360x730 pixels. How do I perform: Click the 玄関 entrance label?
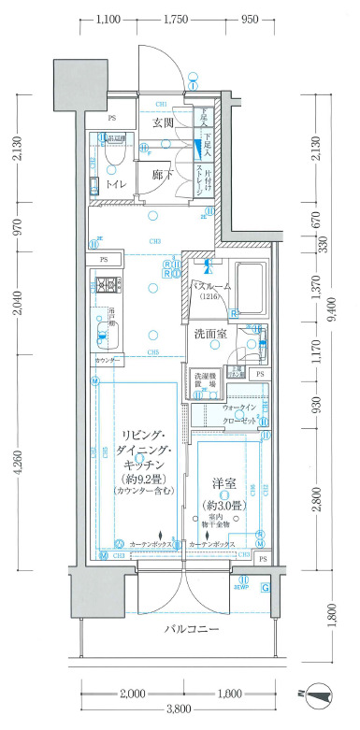(163, 122)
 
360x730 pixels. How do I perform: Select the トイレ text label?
(118, 184)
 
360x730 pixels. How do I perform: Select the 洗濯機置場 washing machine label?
(205, 380)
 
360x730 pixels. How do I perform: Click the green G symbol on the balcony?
(266, 588)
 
